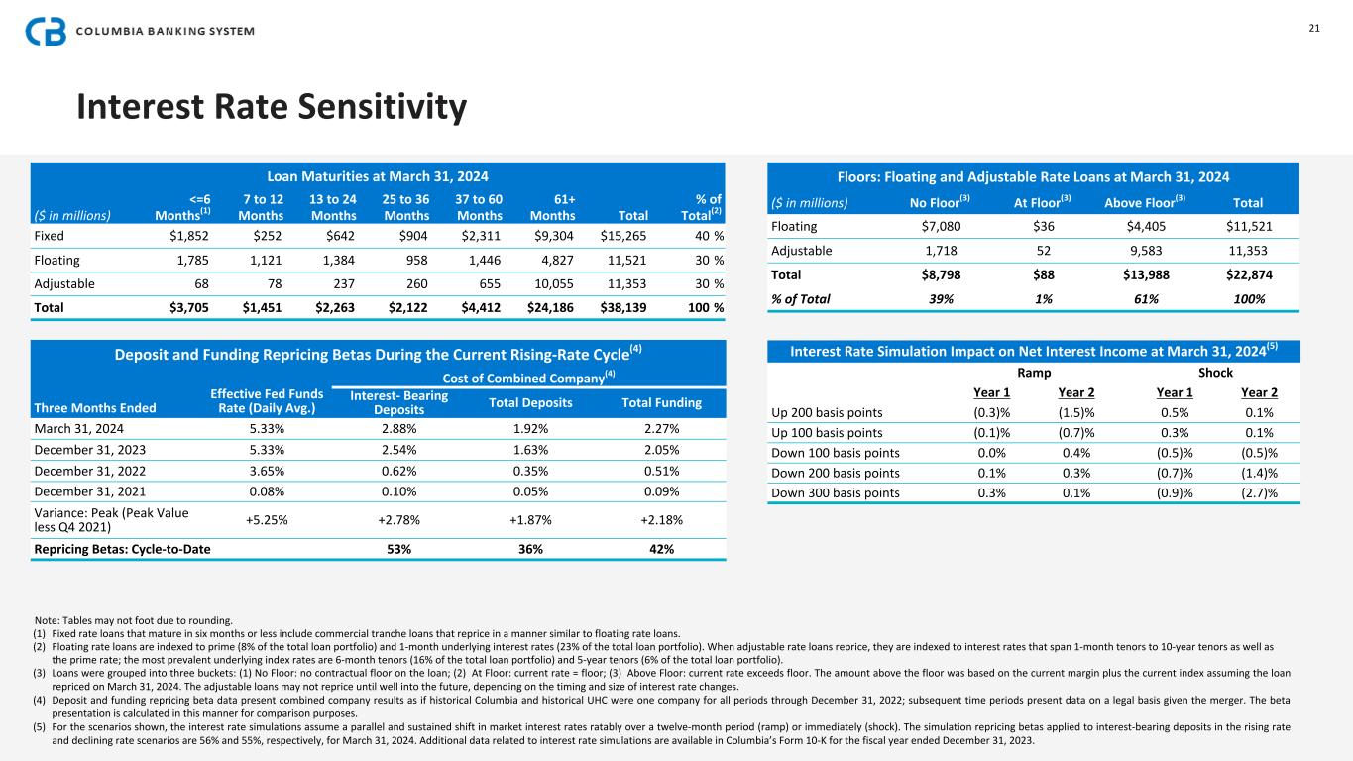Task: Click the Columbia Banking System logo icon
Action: point(46,31)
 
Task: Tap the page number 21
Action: point(1314,29)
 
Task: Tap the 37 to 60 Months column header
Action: point(480,206)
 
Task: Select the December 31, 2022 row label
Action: point(90,473)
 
